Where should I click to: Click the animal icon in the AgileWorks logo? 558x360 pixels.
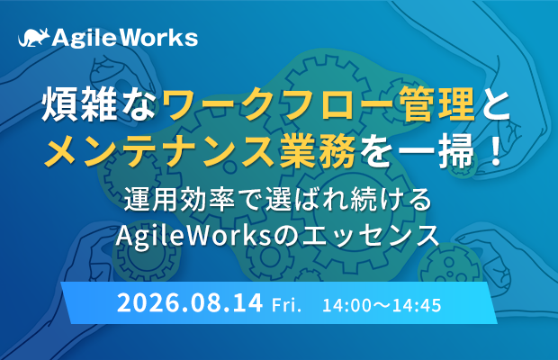(x=34, y=38)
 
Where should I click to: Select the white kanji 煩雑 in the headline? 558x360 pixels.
(x=79, y=105)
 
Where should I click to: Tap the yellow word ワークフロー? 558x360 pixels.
(x=277, y=105)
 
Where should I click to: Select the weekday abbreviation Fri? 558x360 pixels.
(x=286, y=306)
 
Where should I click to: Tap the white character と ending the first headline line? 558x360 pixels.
(x=493, y=105)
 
